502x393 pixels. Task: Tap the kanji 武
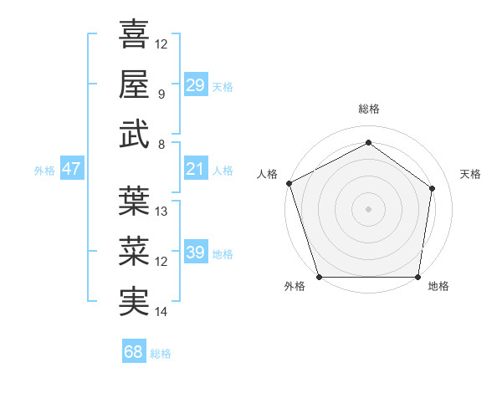click(135, 135)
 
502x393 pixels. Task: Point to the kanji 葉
click(135, 201)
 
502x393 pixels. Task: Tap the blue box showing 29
click(195, 84)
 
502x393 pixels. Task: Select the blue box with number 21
click(195, 169)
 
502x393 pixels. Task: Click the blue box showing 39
click(195, 253)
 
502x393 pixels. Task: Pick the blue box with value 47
click(72, 169)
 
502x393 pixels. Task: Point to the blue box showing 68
click(134, 352)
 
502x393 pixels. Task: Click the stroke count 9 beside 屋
click(161, 94)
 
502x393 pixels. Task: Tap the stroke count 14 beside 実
click(161, 312)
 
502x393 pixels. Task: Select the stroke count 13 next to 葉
click(161, 211)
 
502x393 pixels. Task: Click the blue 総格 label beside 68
click(161, 354)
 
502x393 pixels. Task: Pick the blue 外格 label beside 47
click(44, 171)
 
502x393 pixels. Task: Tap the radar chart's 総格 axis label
click(368, 109)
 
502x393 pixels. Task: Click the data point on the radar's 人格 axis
click(289, 183)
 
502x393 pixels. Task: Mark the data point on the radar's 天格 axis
click(433, 187)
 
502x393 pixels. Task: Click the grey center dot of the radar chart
click(368, 208)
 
